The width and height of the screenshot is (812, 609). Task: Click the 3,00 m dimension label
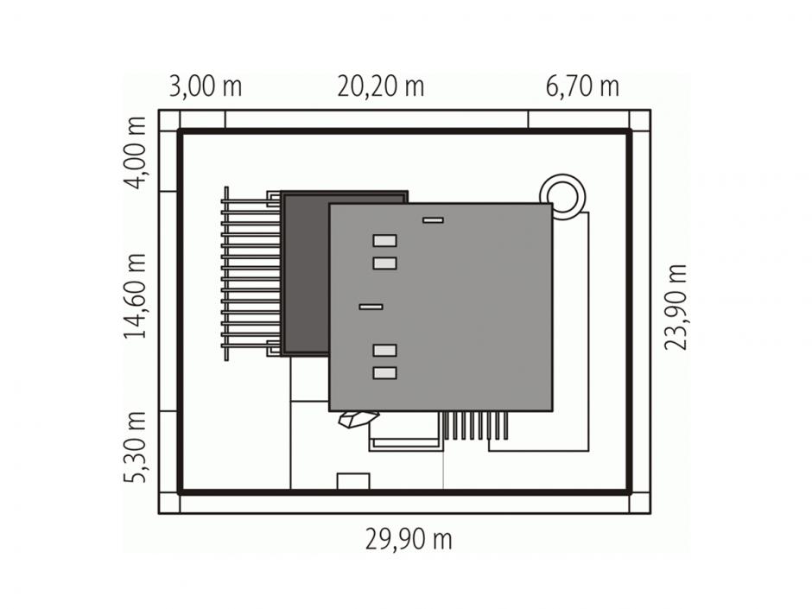pos(206,86)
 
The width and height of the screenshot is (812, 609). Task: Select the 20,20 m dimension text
pos(381,86)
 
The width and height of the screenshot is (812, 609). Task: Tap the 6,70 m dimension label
pos(582,86)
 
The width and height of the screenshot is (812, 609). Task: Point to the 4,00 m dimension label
pos(135,153)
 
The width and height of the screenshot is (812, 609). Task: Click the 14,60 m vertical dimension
pos(135,296)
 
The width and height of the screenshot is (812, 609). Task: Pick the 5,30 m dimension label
pos(135,447)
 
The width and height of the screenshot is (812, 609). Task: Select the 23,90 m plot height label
pos(676,307)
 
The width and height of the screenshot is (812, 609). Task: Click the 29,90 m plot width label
pos(409,539)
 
